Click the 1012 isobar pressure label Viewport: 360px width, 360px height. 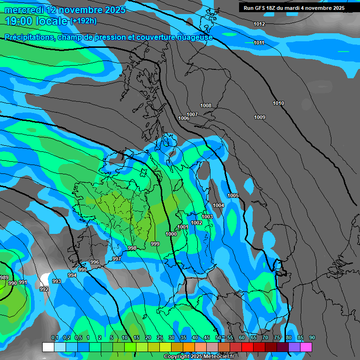coord(259,24)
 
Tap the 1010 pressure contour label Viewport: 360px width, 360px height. coord(278,103)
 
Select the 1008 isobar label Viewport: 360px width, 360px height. coord(206,106)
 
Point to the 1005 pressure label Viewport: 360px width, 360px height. coord(233,195)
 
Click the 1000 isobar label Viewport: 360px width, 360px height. coord(171,234)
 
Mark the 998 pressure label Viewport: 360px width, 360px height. coord(132,248)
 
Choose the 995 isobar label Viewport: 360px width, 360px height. coord(82,270)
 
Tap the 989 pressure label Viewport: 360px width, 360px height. coord(4,278)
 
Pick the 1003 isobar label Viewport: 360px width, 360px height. coord(207,217)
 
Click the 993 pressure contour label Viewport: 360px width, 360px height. coord(57,281)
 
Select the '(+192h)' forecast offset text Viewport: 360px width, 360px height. coord(83,21)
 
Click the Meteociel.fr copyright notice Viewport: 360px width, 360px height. coord(199,357)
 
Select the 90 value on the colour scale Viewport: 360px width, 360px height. coord(312,338)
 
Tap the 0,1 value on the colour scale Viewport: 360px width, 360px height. coord(54,338)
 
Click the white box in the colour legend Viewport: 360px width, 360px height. coord(48,347)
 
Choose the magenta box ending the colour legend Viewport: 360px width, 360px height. coord(306,347)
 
